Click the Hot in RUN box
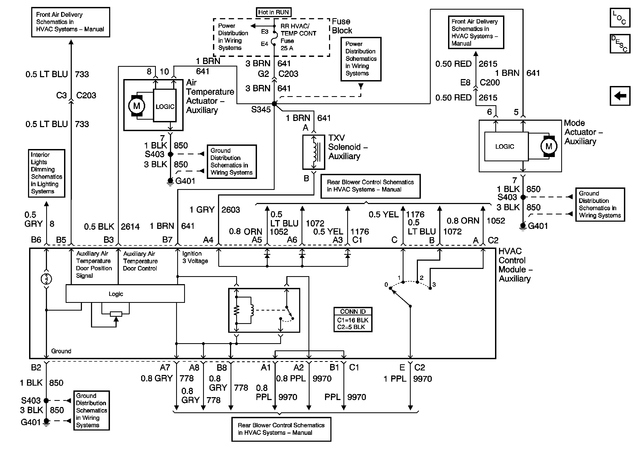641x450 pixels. tap(273, 12)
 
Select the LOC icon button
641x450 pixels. tap(620, 18)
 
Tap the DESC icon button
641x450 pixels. tap(620, 44)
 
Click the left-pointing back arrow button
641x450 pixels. tap(620, 96)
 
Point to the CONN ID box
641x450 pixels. tap(353, 319)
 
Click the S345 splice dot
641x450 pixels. tap(274, 104)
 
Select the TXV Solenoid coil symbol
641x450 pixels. tap(314, 152)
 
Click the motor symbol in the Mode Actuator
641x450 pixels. tap(549, 146)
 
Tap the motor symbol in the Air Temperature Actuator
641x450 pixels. tap(137, 106)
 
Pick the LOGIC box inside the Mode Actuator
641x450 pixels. tap(505, 147)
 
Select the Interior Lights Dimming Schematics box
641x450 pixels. tap(47, 173)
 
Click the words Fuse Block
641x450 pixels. tap(342, 26)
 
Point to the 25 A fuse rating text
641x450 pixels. tap(287, 48)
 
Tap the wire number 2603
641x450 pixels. tap(231, 210)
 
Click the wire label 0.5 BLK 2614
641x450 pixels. tap(112, 226)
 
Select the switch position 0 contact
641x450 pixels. tap(390, 288)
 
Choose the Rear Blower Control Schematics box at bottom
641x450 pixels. tap(281, 429)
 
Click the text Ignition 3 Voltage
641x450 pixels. tap(195, 257)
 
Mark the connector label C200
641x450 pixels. tap(490, 83)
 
